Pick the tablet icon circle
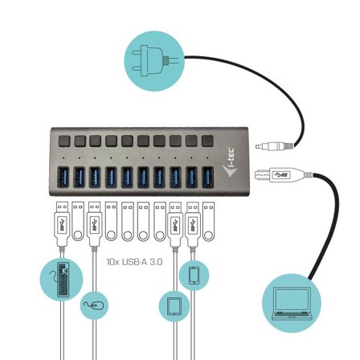(174, 306)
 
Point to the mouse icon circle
(94, 305)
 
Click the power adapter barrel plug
(274, 146)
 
